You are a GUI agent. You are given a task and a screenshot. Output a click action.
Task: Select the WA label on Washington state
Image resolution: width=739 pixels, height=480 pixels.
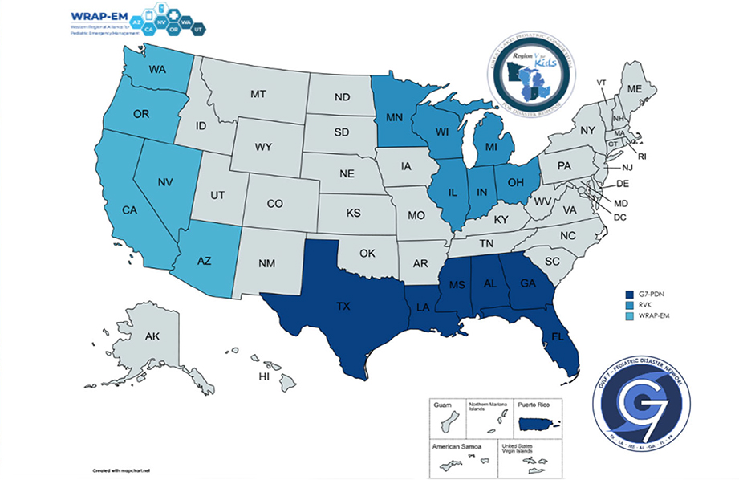(157, 71)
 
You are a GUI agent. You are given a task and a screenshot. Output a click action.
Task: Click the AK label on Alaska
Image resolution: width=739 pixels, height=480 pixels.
(152, 338)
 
